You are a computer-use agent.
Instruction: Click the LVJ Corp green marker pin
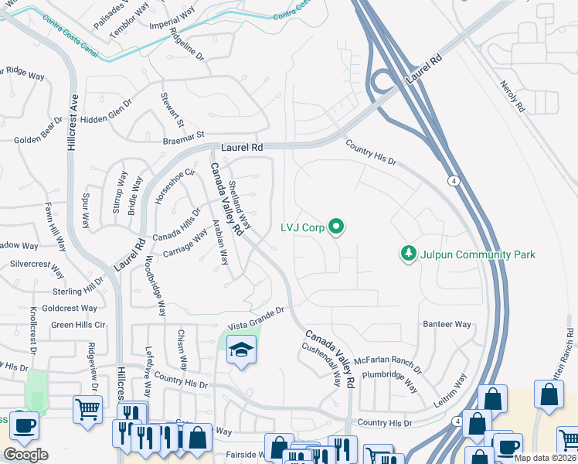(336, 227)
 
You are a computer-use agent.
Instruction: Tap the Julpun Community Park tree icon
(407, 253)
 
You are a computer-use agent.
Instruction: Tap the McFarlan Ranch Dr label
(389, 362)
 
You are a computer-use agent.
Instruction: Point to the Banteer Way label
(447, 324)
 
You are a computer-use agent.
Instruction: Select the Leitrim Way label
(451, 390)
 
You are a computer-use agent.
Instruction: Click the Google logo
(25, 455)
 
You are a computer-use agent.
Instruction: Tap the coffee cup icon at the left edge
(25, 425)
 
